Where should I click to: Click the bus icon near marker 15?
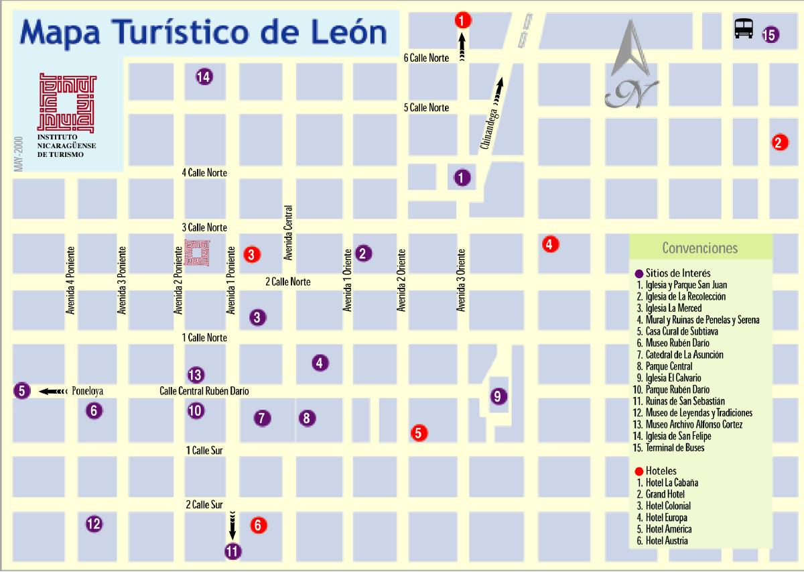(x=744, y=28)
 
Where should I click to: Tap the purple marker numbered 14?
(x=204, y=77)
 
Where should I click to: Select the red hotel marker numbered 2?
(x=779, y=141)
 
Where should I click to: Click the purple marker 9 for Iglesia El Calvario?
(x=497, y=396)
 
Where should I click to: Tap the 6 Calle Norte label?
(x=426, y=58)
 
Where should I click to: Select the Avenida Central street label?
(x=289, y=232)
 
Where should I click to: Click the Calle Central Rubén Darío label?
(x=199, y=391)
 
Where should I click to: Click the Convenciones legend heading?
(x=699, y=248)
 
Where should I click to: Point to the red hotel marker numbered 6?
(x=259, y=526)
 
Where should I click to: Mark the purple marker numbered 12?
(x=94, y=524)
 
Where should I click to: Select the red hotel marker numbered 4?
(x=549, y=244)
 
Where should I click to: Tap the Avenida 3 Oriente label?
(x=461, y=280)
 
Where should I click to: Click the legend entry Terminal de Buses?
(x=679, y=448)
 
